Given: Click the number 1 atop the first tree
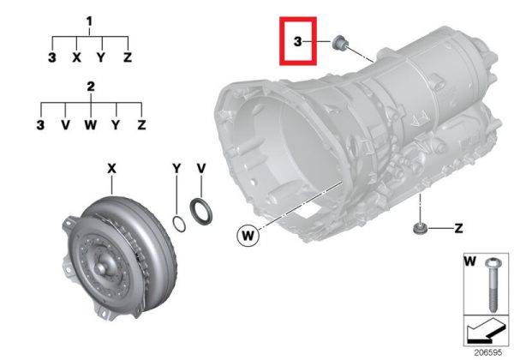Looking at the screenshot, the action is pyautogui.click(x=89, y=21).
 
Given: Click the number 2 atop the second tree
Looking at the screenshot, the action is pyautogui.click(x=91, y=87).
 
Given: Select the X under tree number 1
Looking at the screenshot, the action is pyautogui.click(x=76, y=57).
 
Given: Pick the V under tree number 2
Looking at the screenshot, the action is pyautogui.click(x=66, y=125).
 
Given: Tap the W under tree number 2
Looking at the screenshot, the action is pyautogui.click(x=91, y=125).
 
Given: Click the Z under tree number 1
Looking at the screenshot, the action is pyautogui.click(x=128, y=57).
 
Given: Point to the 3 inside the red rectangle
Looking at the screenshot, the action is pyautogui.click(x=297, y=42).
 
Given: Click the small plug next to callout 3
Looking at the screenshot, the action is pyautogui.click(x=339, y=43).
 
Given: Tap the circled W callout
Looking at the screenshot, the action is pyautogui.click(x=248, y=235).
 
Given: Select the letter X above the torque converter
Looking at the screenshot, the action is pyautogui.click(x=111, y=169).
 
